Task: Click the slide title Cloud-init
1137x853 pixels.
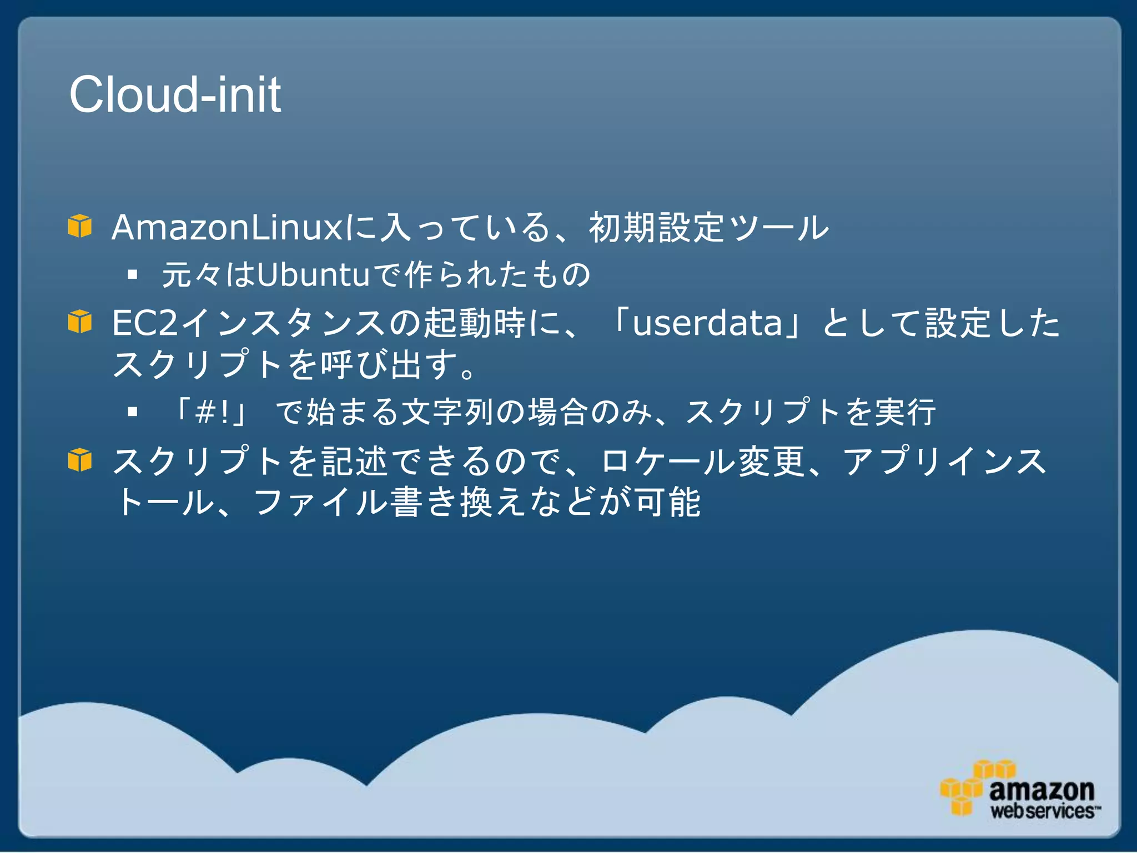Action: coord(175,95)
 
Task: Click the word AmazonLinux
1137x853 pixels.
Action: coord(228,228)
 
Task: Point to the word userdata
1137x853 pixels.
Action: coord(707,323)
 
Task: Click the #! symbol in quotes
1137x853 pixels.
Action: coord(213,413)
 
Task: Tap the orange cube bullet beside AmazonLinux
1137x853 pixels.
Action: coord(80,226)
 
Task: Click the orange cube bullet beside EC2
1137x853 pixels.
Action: coord(80,322)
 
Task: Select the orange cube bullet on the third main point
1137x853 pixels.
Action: coord(80,460)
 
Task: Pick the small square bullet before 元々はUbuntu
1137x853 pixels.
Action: coord(132,274)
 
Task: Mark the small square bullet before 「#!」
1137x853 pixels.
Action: coord(132,412)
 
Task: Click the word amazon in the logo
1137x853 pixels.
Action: coord(1042,789)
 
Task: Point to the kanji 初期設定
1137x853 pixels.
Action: coord(656,228)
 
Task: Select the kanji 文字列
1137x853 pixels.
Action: coord(448,412)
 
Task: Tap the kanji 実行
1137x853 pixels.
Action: coord(905,412)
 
